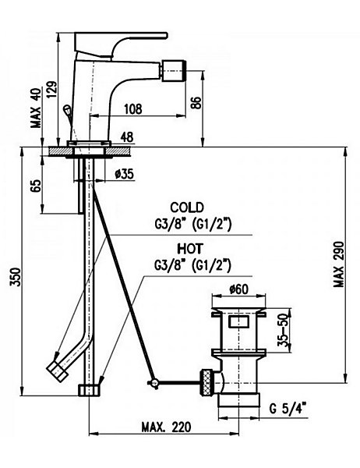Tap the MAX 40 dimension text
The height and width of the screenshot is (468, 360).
[x=37, y=108]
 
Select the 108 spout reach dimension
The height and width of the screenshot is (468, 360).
[x=132, y=109]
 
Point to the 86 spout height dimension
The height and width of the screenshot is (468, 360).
[x=197, y=102]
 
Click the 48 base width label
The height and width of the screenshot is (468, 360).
[x=127, y=137]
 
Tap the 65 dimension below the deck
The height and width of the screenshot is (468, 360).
[x=36, y=187]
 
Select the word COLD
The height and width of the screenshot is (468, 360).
[x=187, y=207]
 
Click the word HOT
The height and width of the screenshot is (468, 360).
[x=189, y=248]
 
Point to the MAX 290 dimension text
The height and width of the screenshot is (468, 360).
[x=339, y=264]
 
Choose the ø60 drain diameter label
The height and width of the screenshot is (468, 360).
[x=238, y=289]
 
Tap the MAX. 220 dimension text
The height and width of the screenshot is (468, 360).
[x=166, y=427]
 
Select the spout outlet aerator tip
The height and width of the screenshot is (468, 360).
[x=174, y=71]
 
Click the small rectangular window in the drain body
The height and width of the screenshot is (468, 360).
[x=238, y=321]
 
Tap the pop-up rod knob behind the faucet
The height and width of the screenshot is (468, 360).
[x=67, y=109]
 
